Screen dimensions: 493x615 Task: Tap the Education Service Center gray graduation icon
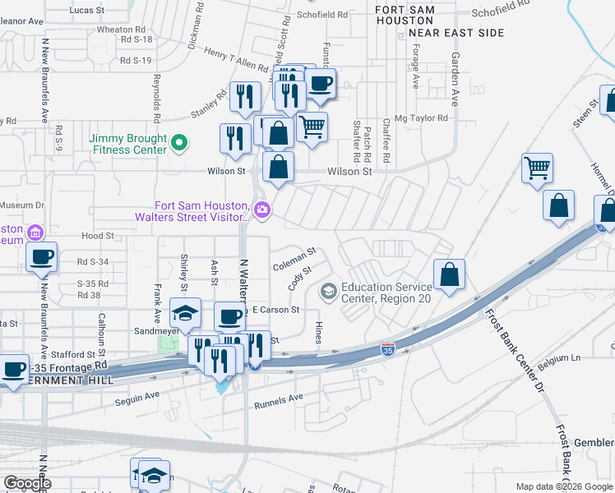pyautogui.click(x=329, y=292)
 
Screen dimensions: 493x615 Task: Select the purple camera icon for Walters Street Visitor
pyautogui.click(x=262, y=210)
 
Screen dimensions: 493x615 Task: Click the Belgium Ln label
pyautogui.click(x=559, y=358)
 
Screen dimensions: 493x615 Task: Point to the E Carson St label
pyautogui.click(x=275, y=310)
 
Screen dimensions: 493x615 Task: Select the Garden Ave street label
pyautogui.click(x=454, y=80)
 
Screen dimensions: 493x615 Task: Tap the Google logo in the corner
pyautogui.click(x=27, y=483)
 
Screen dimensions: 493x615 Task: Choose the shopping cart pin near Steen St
pyautogui.click(x=537, y=168)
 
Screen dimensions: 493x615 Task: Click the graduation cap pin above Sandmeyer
pyautogui.click(x=185, y=313)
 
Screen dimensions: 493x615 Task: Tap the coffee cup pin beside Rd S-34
pyautogui.click(x=41, y=257)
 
